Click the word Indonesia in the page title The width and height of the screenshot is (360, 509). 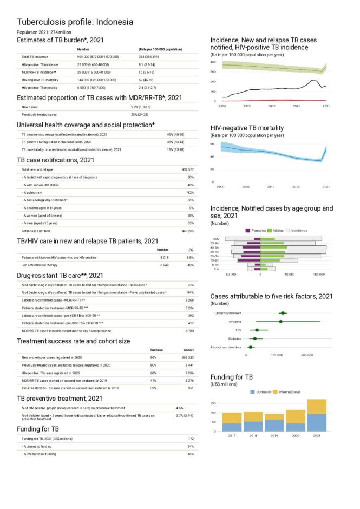point(114,22)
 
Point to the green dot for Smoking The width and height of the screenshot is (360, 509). point(280,321)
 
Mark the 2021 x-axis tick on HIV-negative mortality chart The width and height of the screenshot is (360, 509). point(326,186)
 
